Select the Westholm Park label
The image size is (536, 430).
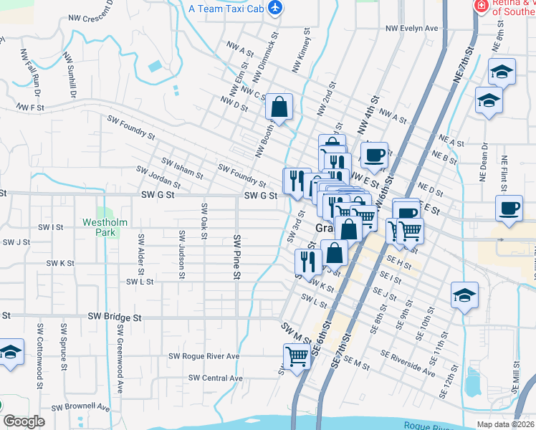pyautogui.click(x=105, y=227)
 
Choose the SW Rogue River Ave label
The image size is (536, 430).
pyautogui.click(x=204, y=356)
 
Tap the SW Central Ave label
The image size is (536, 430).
pyautogui.click(x=216, y=378)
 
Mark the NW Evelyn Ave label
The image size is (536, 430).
pyautogui.click(x=411, y=29)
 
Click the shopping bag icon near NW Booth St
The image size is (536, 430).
pyautogui.click(x=279, y=107)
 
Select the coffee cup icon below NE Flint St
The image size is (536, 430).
pyautogui.click(x=509, y=209)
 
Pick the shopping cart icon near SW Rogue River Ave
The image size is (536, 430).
pyautogui.click(x=297, y=356)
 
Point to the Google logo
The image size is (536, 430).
pyautogui.click(x=24, y=421)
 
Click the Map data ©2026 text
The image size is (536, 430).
pyautogui.click(x=506, y=424)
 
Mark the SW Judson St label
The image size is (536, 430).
pyautogui.click(x=182, y=254)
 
